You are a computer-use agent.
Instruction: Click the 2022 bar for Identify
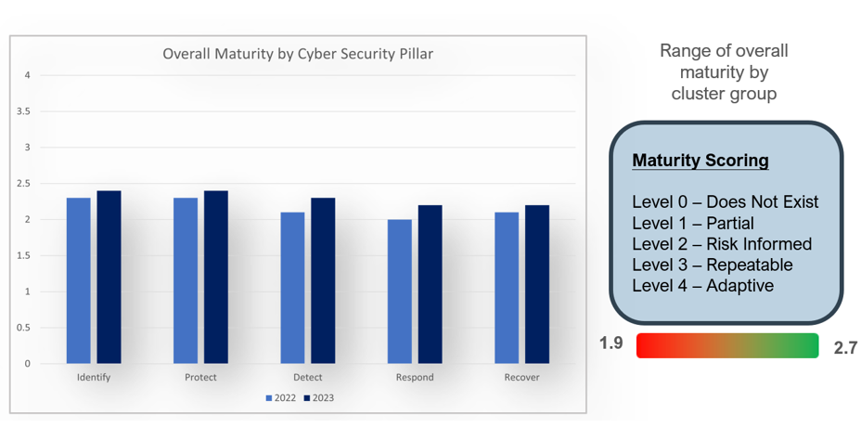click(79, 279)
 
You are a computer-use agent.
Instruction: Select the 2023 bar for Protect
click(216, 277)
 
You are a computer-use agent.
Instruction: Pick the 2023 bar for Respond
click(430, 283)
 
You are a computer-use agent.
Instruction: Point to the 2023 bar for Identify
click(109, 277)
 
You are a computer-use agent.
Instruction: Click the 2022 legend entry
click(279, 398)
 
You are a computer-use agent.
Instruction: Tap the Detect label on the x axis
click(307, 378)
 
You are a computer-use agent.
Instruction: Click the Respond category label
click(415, 378)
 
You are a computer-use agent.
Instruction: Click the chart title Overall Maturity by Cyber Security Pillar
click(298, 54)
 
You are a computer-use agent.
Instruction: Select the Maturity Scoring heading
click(700, 161)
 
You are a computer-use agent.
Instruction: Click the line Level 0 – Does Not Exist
click(725, 202)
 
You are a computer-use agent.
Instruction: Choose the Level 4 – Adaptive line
click(702, 285)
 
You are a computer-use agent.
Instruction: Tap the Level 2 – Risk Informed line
click(722, 244)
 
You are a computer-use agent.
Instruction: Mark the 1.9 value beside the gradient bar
click(610, 344)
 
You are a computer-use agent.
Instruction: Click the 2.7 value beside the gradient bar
click(844, 347)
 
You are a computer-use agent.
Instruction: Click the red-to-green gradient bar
click(727, 345)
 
